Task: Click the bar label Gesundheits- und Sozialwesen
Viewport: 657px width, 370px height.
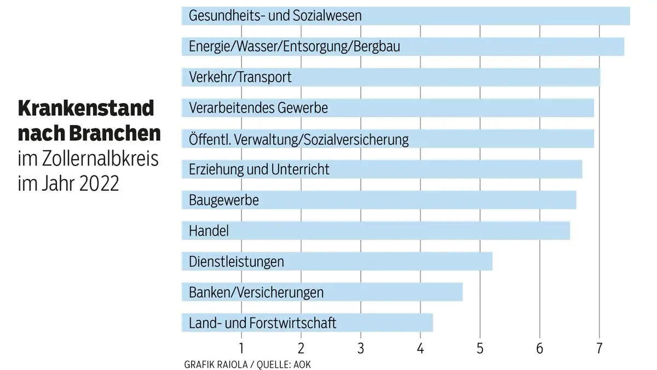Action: (x=275, y=16)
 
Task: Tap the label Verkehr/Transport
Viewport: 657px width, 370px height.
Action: (x=240, y=77)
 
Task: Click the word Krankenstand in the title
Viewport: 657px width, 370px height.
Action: (x=87, y=109)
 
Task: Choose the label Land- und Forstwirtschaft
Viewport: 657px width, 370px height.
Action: (x=262, y=323)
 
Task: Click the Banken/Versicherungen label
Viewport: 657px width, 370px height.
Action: (x=256, y=292)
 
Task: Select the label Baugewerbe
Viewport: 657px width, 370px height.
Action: (x=223, y=200)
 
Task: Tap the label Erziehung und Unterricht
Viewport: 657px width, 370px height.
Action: (x=259, y=169)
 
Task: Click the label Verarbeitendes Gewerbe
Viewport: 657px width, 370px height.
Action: (x=258, y=108)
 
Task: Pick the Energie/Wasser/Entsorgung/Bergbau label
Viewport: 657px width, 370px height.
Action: (x=294, y=47)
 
